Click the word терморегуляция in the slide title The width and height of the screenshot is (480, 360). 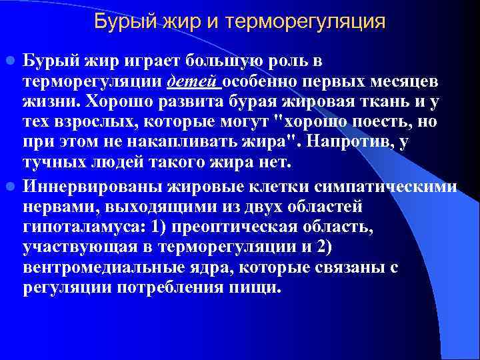pos(306,21)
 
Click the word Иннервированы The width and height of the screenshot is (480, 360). pos(79,184)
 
